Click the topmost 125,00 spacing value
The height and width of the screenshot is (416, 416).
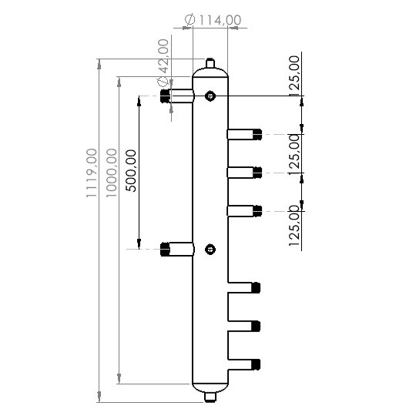pos(294,74)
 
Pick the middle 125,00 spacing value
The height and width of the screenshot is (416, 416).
pos(294,153)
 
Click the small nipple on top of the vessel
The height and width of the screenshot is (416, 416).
pos(210,62)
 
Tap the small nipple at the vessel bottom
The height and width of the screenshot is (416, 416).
pos(210,398)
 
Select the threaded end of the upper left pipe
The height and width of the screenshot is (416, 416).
pos(165,96)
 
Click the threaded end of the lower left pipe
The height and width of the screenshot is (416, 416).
pos(165,248)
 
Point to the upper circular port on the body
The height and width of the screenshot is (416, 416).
pos(210,96)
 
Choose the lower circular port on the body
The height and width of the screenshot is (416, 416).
pos(210,248)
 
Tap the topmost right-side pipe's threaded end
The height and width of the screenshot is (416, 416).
pos(257,134)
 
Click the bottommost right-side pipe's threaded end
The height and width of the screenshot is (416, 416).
pos(257,363)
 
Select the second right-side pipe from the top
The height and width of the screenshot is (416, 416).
pos(243,171)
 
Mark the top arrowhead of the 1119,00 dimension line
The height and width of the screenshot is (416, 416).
pos(99,62)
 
